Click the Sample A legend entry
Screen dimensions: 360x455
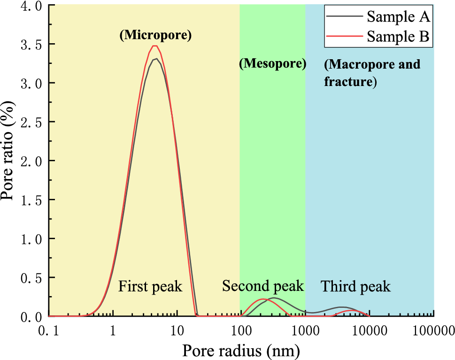tap(378, 17)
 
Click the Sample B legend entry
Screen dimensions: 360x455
tap(378, 36)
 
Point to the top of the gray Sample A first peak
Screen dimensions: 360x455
tap(155, 59)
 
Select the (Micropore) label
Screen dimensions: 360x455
tap(156, 36)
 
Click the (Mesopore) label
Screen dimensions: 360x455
tap(272, 63)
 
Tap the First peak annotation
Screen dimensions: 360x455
tap(150, 286)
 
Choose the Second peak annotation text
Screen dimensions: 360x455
tap(263, 286)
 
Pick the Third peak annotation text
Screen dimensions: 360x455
tap(355, 286)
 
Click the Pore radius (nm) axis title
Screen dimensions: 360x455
tap(241, 350)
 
